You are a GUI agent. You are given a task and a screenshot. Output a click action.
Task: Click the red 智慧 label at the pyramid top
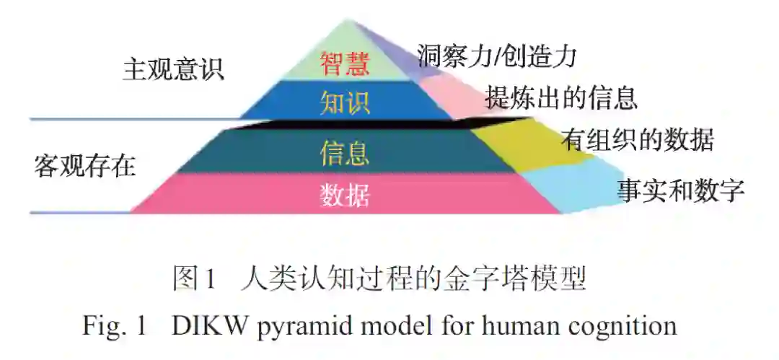344,63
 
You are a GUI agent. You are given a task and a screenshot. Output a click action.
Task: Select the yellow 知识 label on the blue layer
345,102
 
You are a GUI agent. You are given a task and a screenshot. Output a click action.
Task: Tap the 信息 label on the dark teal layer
345,153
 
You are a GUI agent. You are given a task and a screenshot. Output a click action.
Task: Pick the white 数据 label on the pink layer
345,195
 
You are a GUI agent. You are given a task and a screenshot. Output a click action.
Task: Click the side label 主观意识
174,69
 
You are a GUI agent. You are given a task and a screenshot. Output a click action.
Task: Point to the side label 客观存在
85,165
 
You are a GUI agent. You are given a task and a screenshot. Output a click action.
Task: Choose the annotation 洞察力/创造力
497,55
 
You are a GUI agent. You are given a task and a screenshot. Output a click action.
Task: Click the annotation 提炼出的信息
560,97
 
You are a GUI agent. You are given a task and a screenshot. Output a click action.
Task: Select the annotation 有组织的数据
637,140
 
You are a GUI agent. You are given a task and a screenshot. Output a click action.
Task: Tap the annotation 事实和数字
679,190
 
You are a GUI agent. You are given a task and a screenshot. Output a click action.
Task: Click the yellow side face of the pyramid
516,144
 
